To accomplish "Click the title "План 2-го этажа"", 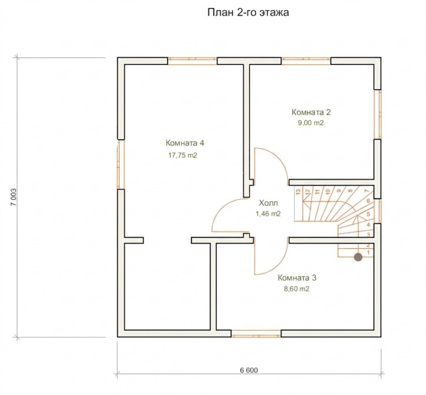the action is click(x=248, y=12).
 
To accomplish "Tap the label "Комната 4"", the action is click(x=185, y=143).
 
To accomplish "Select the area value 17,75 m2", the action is click(x=183, y=155).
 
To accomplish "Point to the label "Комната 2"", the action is click(x=311, y=112).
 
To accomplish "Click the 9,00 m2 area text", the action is click(x=311, y=123).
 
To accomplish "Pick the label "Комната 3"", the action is click(x=297, y=278).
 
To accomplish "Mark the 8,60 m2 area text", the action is click(x=297, y=289).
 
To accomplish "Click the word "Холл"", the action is click(x=268, y=203).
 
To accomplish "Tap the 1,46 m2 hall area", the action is click(x=268, y=214).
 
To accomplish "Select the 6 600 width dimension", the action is click(x=249, y=370).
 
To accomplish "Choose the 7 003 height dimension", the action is click(x=14, y=197).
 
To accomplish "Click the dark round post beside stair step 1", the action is click(x=358, y=257).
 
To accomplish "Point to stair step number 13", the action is click(x=299, y=192).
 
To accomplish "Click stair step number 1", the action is click(x=369, y=253).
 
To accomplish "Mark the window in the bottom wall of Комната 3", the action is click(x=256, y=333).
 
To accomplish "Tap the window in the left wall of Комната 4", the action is click(x=121, y=164).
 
